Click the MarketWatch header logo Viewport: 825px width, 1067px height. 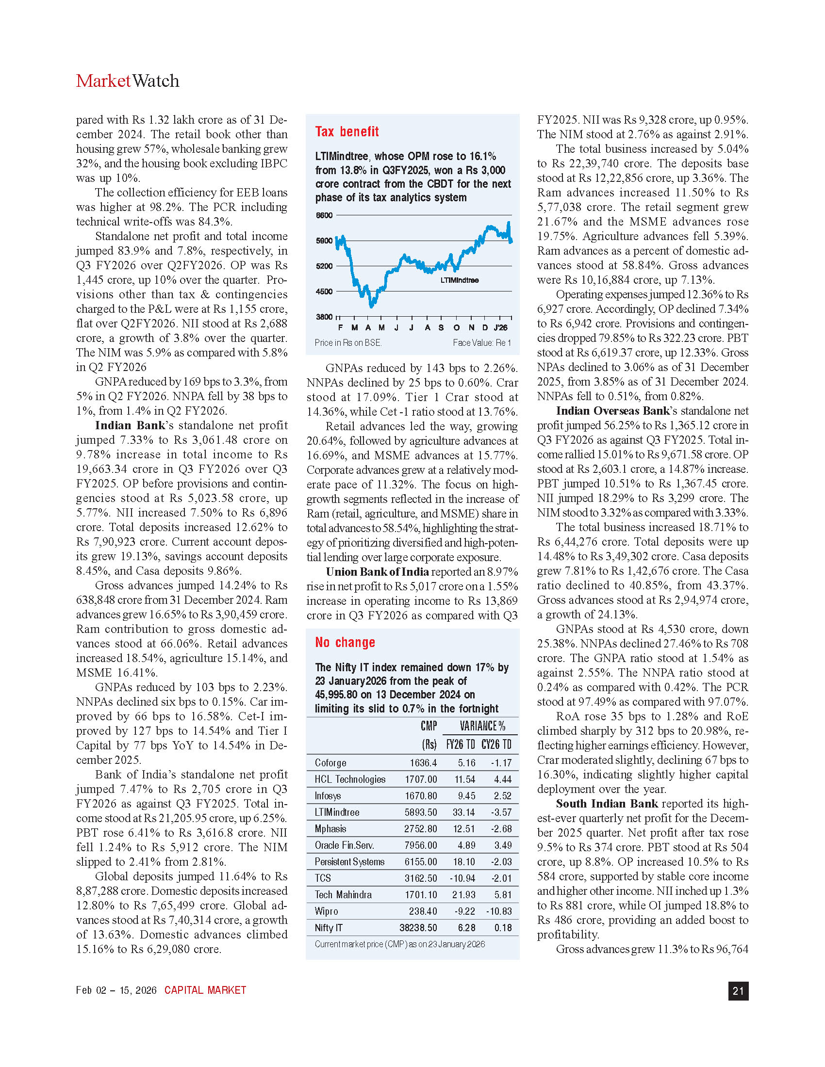click(x=128, y=81)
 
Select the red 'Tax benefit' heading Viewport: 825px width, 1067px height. click(x=346, y=131)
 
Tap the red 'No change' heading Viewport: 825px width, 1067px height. click(x=345, y=642)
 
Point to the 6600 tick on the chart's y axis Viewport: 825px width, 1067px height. click(x=324, y=215)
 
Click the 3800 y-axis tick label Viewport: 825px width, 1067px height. click(x=324, y=317)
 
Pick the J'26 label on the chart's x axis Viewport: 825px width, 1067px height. click(x=500, y=327)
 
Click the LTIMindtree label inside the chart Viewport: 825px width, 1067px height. click(x=460, y=280)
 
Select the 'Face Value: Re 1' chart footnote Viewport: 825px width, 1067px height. click(x=481, y=342)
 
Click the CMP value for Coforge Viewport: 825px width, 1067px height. click(x=423, y=762)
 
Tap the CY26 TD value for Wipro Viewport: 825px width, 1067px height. click(x=498, y=911)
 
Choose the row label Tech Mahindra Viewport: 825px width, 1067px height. click(x=343, y=894)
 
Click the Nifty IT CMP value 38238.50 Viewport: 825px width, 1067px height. click(x=418, y=928)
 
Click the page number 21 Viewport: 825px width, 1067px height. click(x=738, y=990)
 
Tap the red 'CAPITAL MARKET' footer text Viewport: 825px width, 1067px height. click(x=205, y=990)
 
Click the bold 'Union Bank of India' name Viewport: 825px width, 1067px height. click(x=377, y=572)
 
